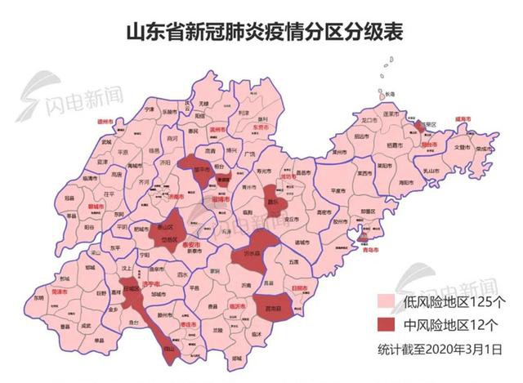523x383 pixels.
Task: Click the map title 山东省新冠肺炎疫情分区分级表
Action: point(263,32)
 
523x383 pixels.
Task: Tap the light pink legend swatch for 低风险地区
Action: point(388,301)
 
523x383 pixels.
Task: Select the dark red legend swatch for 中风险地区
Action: point(388,325)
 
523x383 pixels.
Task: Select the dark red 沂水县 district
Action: point(263,254)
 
